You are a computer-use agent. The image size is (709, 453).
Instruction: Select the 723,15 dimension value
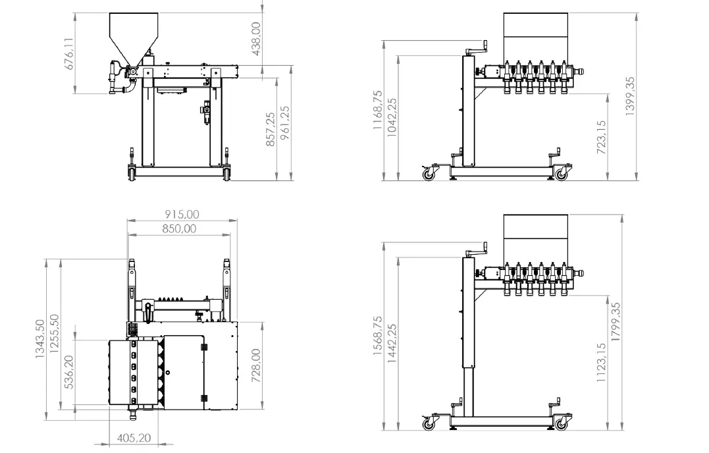click(x=601, y=137)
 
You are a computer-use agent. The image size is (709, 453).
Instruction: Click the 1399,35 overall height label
click(x=630, y=96)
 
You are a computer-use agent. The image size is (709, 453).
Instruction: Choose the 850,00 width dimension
click(x=179, y=228)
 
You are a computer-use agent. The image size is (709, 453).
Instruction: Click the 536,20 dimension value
click(x=69, y=371)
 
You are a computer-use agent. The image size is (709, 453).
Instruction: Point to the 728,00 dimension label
click(x=256, y=365)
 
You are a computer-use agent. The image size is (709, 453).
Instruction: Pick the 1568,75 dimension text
click(x=378, y=336)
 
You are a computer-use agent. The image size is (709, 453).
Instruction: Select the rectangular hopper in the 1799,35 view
click(x=535, y=231)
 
